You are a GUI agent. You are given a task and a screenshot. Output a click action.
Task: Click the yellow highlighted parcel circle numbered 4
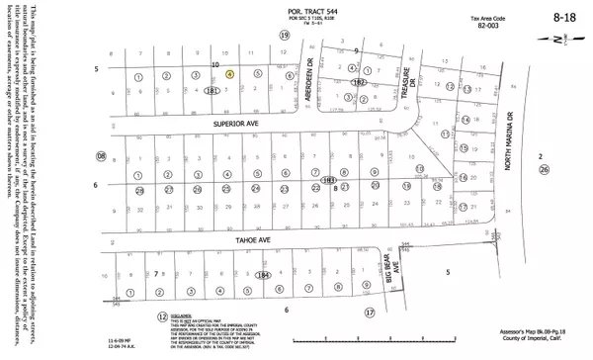coord(229,73)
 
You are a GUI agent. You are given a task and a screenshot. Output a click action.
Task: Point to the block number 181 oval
coord(212,90)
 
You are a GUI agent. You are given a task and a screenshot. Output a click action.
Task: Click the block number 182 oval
coord(360,83)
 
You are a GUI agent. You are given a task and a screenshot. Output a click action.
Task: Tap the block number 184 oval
coord(262,275)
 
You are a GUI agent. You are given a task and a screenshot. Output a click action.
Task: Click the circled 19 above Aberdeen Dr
coord(285,35)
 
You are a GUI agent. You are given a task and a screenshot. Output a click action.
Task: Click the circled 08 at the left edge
coord(100,156)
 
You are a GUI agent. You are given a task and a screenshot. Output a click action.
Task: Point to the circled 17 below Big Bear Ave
coord(371,312)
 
